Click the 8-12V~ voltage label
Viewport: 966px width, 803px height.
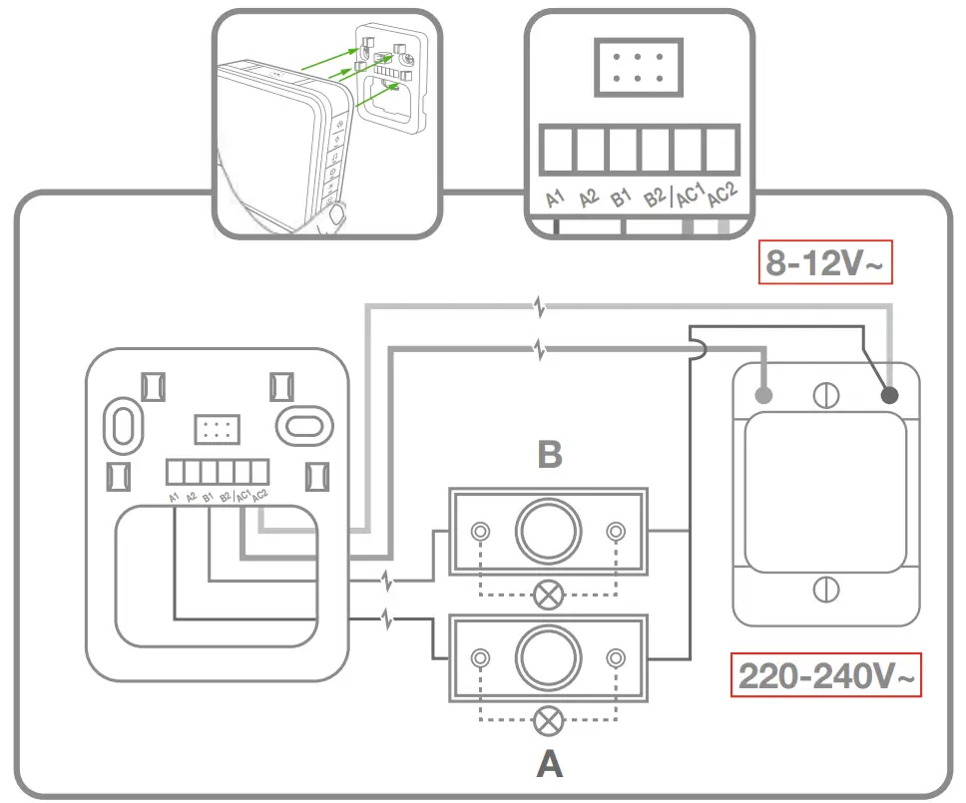(824, 263)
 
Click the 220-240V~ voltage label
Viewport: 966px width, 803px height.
(825, 676)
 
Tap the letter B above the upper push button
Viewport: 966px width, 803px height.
(549, 455)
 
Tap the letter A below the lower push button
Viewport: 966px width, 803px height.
(549, 764)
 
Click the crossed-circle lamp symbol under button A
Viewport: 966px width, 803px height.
(547, 719)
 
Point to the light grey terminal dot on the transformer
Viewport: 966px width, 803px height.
(765, 396)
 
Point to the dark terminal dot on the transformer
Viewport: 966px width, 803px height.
(888, 396)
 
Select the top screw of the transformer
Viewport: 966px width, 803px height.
(826, 395)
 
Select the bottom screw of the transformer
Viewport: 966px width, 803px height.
(826, 589)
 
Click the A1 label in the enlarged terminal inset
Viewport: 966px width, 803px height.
(556, 197)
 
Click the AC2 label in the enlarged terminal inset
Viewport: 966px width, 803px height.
(721, 196)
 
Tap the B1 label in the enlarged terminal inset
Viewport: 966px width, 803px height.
(622, 197)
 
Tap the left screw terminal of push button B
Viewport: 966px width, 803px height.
(481, 531)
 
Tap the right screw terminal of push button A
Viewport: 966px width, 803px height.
(616, 657)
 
